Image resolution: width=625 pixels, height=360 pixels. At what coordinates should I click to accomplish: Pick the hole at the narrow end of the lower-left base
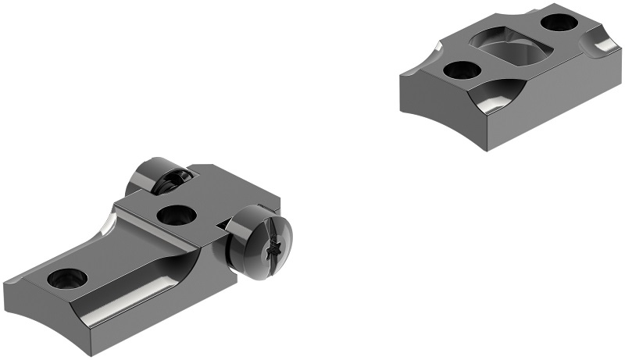[64, 276]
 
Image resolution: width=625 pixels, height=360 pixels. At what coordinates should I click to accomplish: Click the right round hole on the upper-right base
[558, 22]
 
